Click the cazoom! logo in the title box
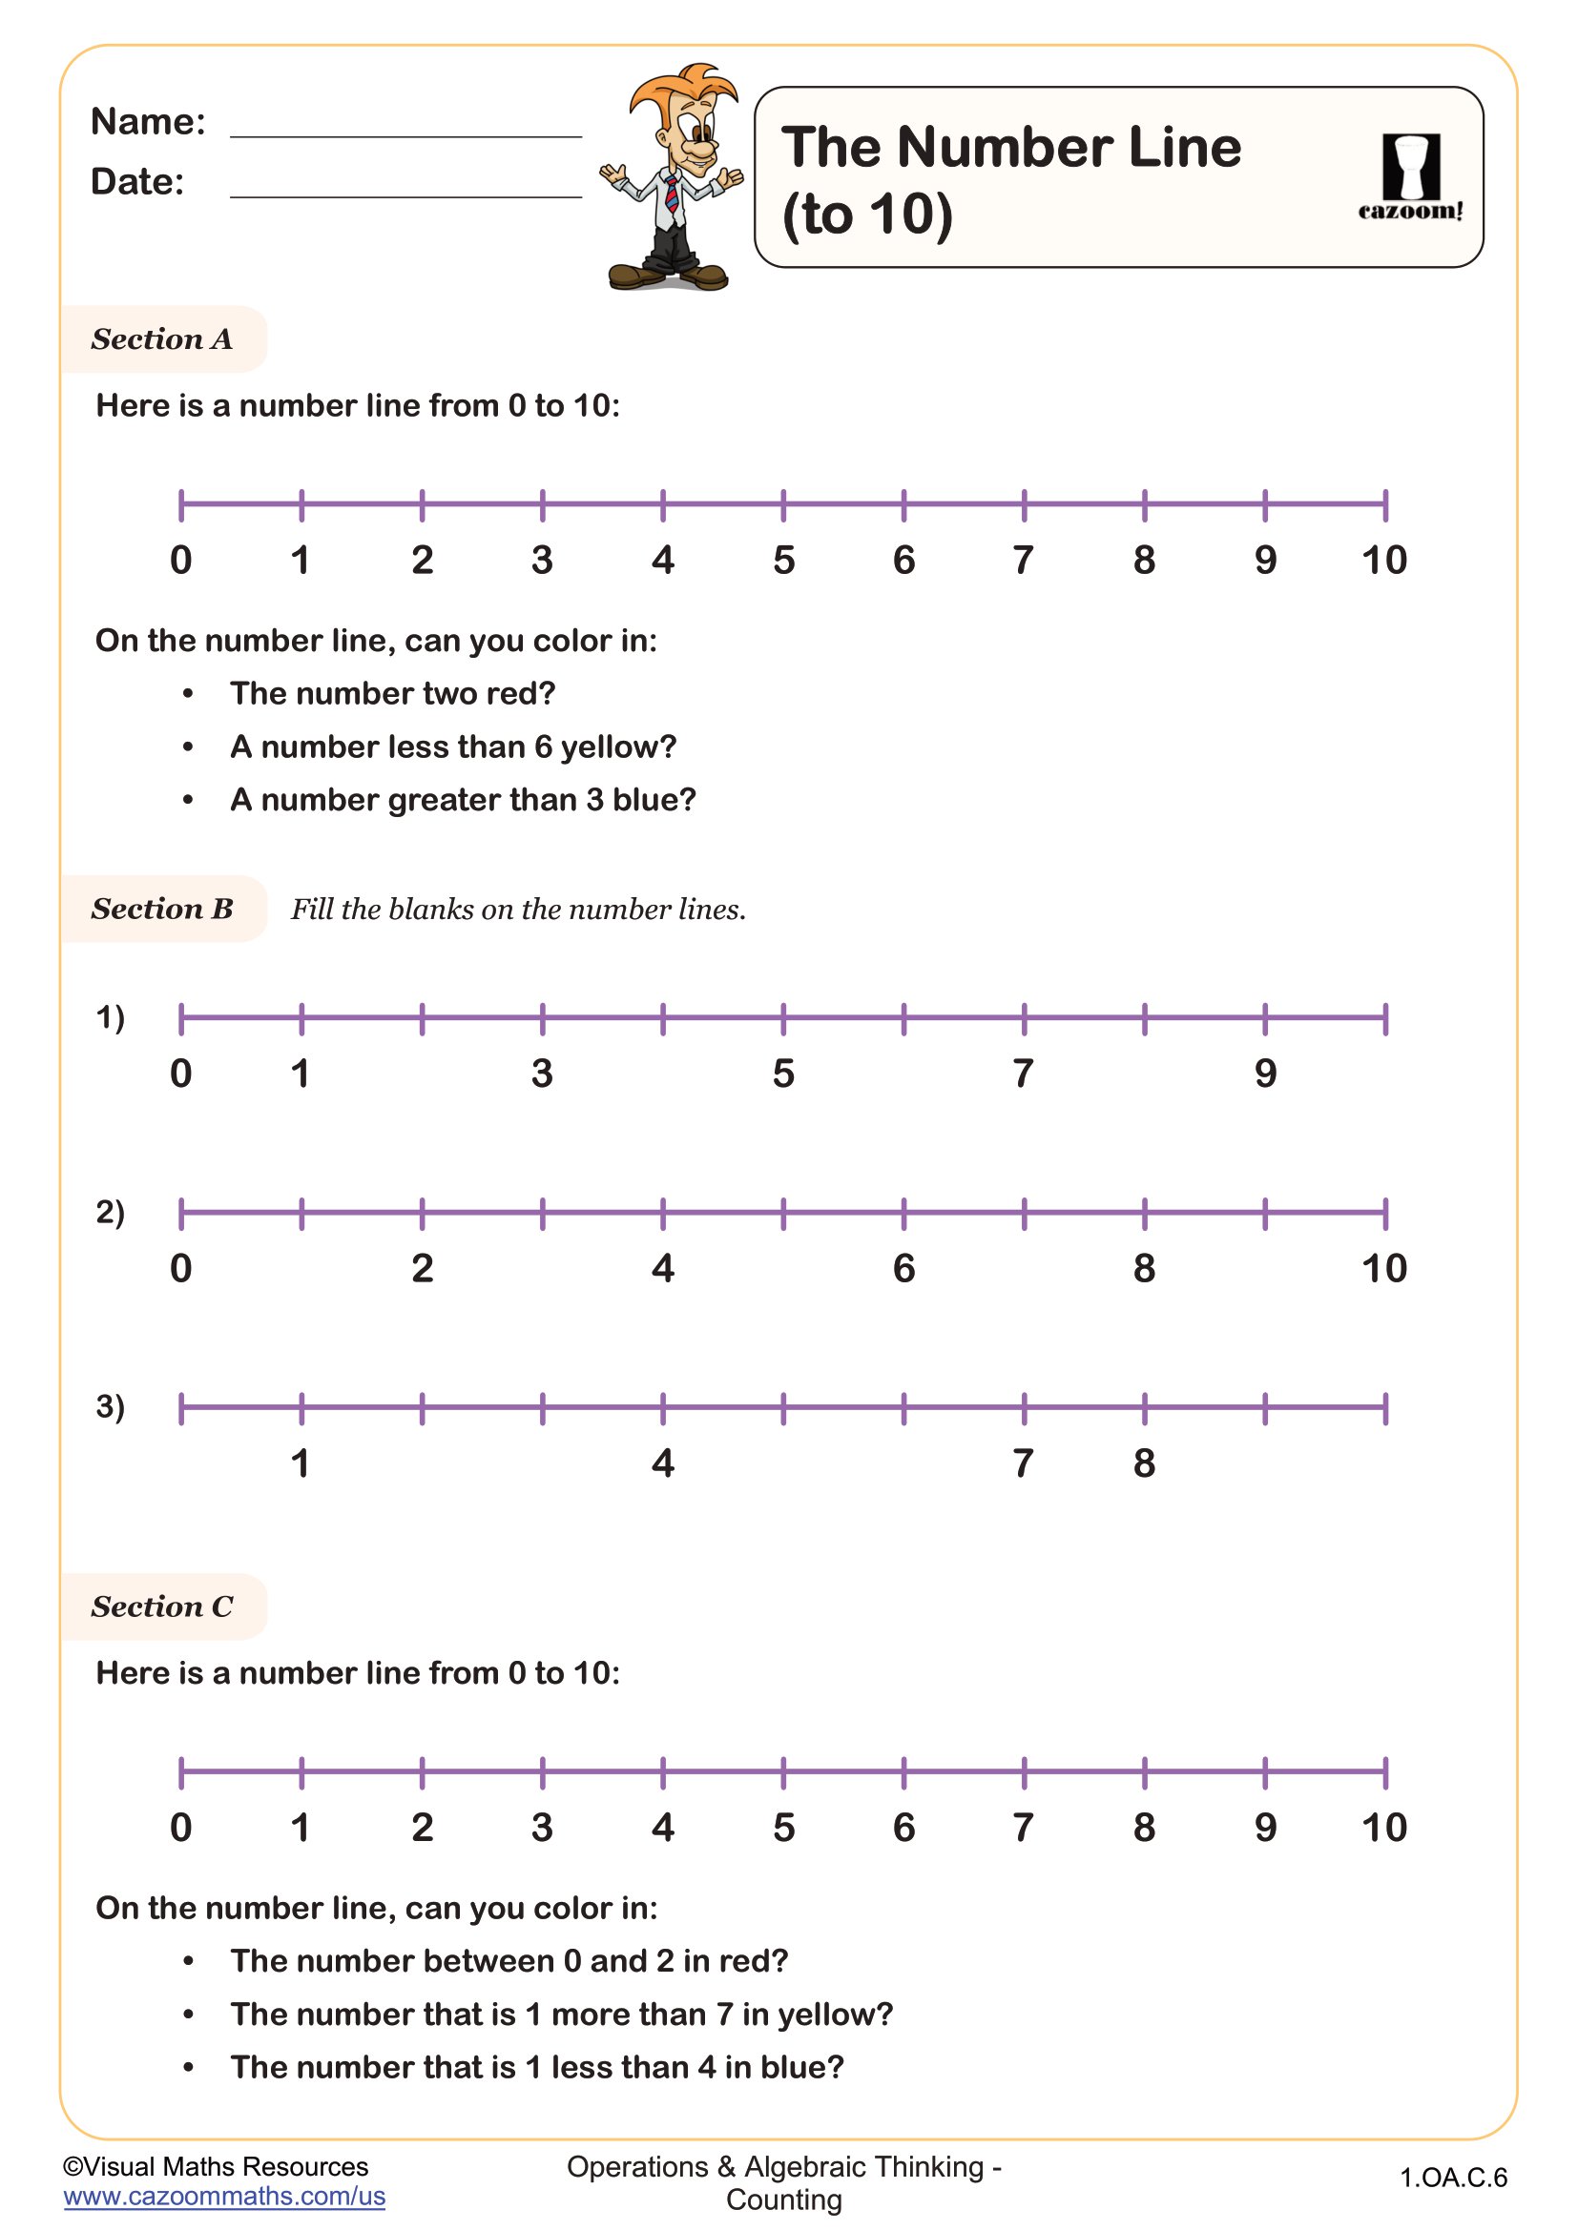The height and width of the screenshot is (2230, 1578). point(1410,177)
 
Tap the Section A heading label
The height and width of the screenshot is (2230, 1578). point(162,339)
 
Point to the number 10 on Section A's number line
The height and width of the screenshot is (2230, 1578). point(1383,561)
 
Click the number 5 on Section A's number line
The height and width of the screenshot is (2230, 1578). point(783,561)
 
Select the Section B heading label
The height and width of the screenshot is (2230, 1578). point(162,910)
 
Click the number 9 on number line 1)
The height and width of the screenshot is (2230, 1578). point(1264,1074)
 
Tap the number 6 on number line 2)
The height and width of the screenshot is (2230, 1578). point(903,1268)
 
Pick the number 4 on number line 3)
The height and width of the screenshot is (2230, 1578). point(663,1463)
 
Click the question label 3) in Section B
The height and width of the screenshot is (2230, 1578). point(110,1405)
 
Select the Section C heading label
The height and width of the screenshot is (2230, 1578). point(162,1606)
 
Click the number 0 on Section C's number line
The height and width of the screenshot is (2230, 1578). point(180,1828)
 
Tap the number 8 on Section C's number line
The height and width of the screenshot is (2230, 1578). point(1144,1828)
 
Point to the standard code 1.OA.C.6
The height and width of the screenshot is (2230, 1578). point(1453,2178)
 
